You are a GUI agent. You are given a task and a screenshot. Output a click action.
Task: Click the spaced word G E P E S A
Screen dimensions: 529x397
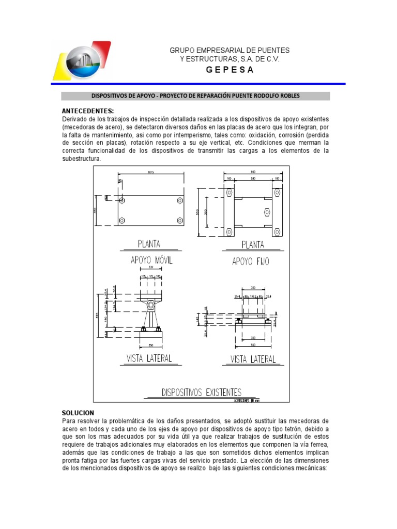230,70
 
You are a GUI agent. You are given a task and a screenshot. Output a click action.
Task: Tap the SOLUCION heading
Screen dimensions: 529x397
78,413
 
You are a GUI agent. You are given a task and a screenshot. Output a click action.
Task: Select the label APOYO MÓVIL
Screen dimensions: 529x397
151,261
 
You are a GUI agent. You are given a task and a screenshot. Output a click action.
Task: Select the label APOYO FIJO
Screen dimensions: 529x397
251,261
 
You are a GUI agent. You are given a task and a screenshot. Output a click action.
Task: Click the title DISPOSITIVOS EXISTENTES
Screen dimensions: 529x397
202,392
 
